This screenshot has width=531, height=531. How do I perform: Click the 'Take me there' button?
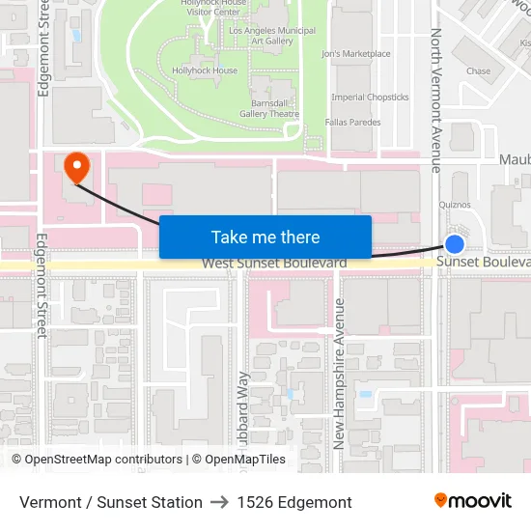[265, 237]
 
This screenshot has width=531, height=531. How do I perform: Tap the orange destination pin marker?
[75, 168]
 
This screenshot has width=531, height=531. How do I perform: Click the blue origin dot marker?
[455, 244]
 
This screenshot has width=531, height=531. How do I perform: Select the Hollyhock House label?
[204, 70]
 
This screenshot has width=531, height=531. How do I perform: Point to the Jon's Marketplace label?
[356, 54]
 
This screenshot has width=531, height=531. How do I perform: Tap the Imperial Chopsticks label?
[370, 98]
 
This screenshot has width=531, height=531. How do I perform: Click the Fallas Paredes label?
[352, 123]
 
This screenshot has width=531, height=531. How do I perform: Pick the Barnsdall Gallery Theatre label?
[269, 108]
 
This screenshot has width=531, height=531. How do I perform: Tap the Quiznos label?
[455, 205]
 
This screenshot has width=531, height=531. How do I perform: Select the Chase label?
[478, 70]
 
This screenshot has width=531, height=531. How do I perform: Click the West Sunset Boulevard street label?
[274, 264]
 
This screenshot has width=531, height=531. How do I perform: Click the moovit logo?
[473, 501]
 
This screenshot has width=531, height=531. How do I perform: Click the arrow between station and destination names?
[219, 502]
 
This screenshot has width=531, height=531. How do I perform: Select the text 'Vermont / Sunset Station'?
[111, 502]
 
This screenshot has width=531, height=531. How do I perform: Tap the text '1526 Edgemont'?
[294, 502]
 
